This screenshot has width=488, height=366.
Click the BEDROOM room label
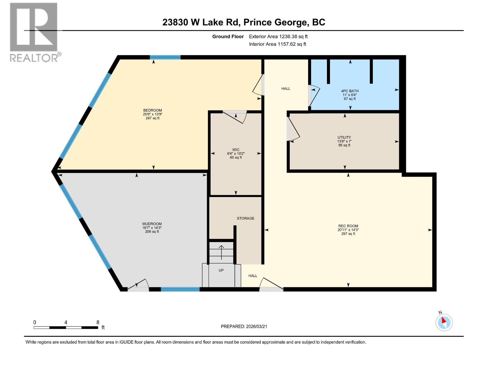[x=152, y=110]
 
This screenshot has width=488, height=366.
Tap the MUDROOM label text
[x=152, y=224]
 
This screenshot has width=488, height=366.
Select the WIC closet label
[x=236, y=150]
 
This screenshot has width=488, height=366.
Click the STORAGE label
[x=246, y=218]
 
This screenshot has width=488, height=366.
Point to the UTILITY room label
[x=344, y=138]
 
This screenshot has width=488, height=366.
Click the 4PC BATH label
[x=350, y=91]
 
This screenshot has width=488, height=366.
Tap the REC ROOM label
[x=348, y=226]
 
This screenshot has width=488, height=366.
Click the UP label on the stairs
[x=221, y=270]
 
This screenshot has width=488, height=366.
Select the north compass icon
[x=444, y=322]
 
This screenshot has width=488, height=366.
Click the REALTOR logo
[x=34, y=32]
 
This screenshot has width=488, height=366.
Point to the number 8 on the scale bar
[x=98, y=322]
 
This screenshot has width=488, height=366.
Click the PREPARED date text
[x=244, y=326]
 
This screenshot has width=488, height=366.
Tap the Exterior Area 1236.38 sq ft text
[x=278, y=37]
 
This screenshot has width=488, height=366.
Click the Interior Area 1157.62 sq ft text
[x=277, y=44]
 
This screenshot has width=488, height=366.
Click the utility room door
[x=293, y=130]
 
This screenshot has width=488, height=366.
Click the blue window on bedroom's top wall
[x=165, y=57]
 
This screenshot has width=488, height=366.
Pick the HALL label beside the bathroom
[x=286, y=89]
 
